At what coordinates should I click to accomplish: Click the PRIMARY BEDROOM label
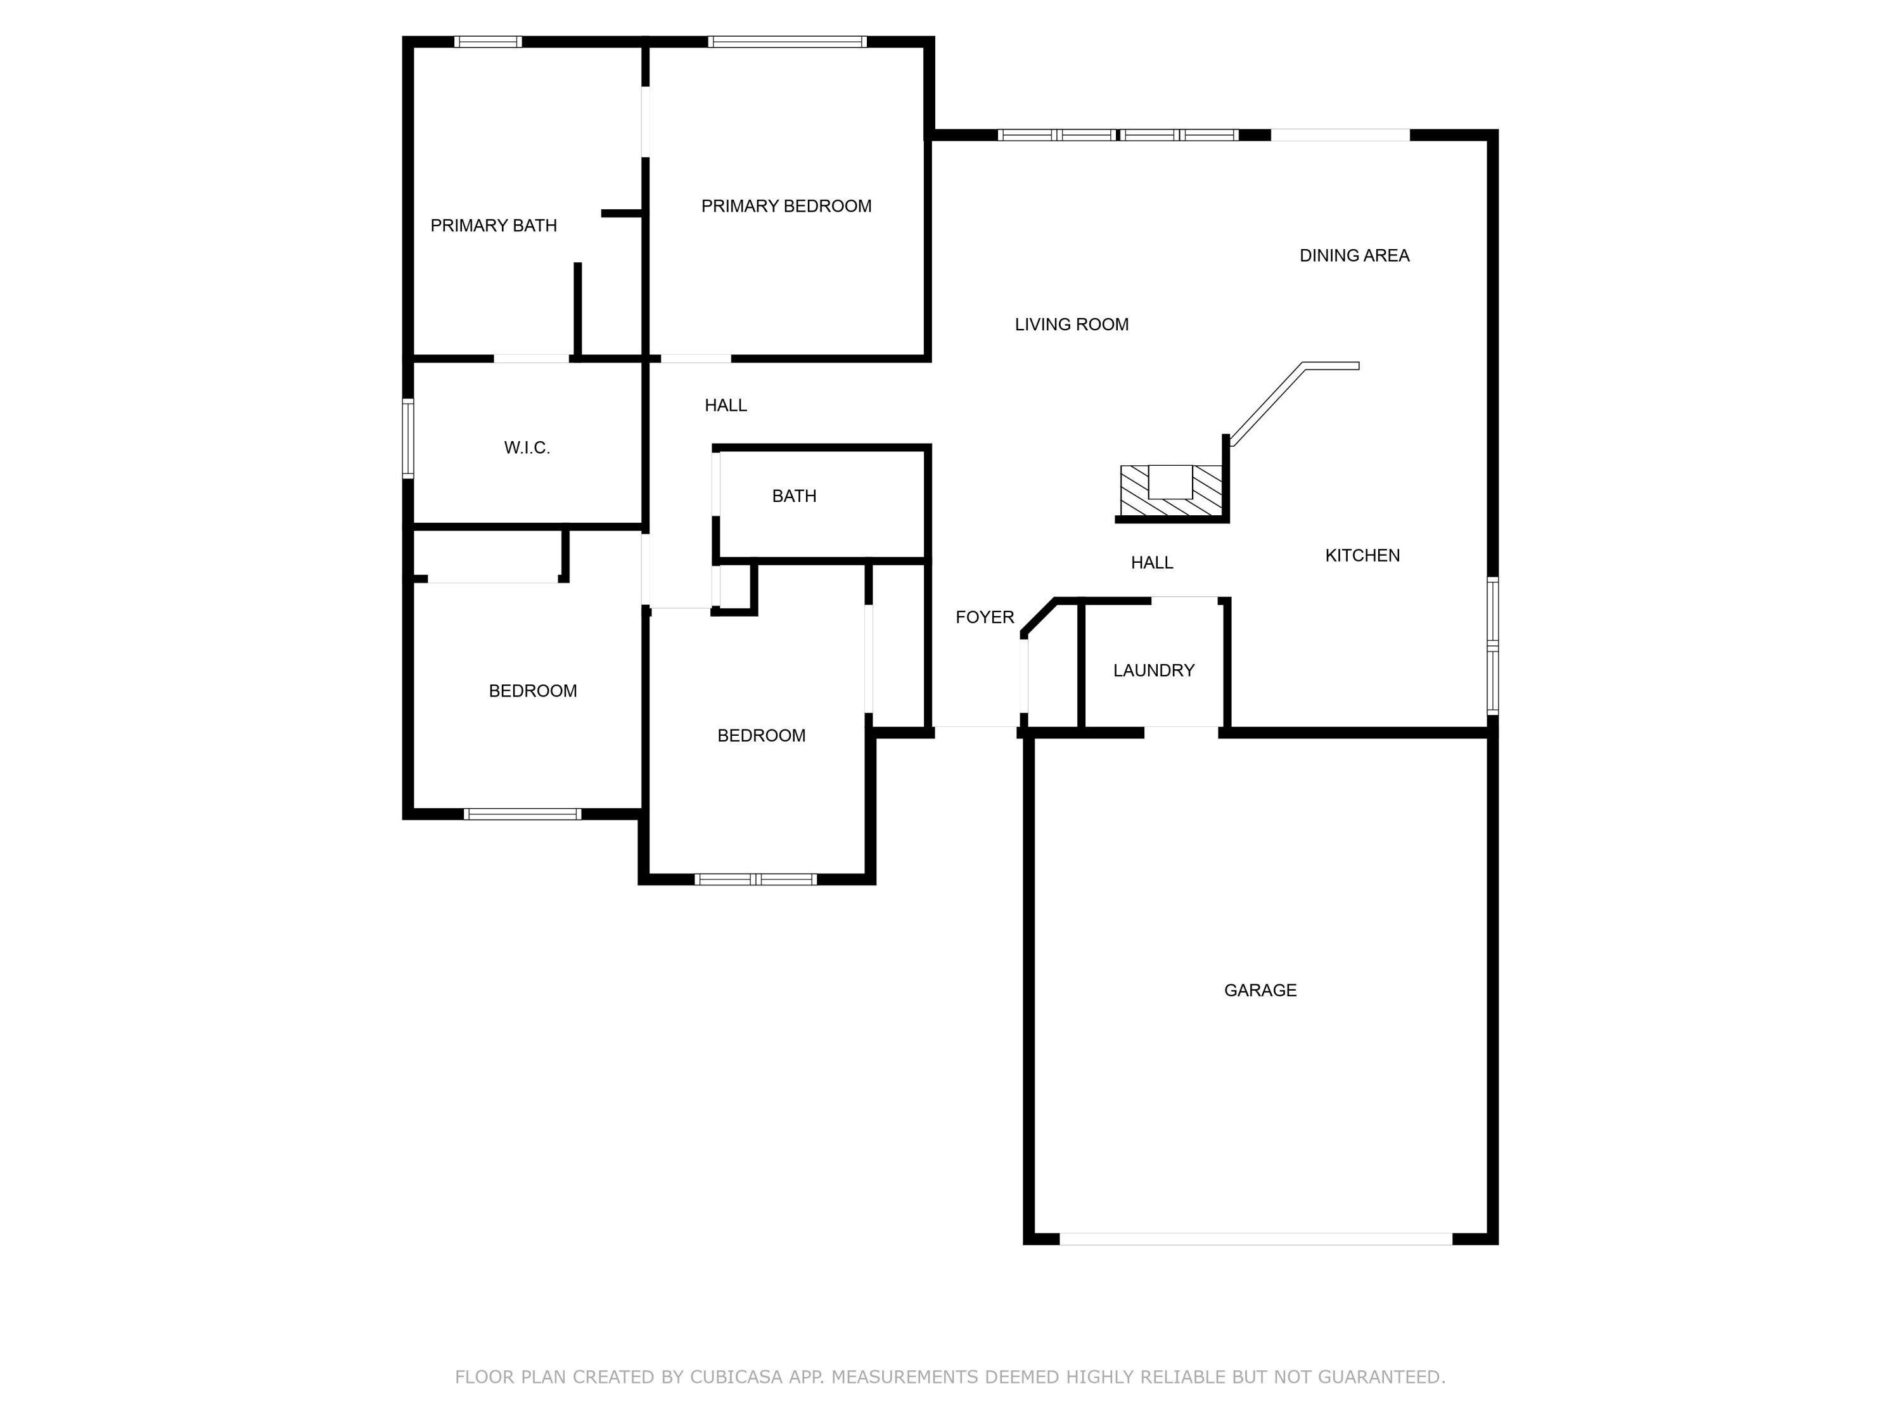(x=786, y=206)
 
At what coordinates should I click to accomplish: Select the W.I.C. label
(x=527, y=448)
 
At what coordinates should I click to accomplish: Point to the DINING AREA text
(x=1354, y=256)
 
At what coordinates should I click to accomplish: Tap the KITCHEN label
(x=1362, y=556)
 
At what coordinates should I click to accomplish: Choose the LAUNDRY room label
(x=1153, y=671)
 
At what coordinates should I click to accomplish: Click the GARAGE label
(x=1260, y=990)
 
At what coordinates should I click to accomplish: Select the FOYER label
(x=985, y=617)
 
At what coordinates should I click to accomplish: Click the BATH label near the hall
(x=793, y=496)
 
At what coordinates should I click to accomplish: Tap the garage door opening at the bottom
(x=1255, y=1238)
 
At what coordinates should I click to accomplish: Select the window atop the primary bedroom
(x=786, y=41)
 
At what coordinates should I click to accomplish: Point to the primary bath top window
(x=487, y=41)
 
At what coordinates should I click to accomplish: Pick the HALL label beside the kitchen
(x=1151, y=563)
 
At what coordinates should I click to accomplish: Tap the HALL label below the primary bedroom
(x=726, y=406)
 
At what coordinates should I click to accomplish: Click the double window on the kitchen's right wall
(x=1493, y=646)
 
